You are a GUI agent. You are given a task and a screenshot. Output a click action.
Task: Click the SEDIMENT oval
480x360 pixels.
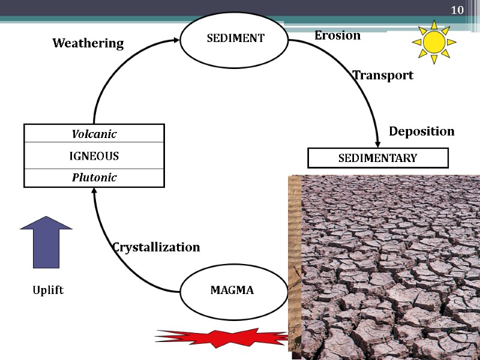click(x=235, y=38)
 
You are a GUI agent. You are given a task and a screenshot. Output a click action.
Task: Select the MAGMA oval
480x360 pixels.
click(x=232, y=290)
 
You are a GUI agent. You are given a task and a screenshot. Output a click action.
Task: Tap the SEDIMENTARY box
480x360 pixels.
click(x=377, y=158)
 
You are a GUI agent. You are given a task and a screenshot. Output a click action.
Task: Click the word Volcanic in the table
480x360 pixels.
click(x=94, y=134)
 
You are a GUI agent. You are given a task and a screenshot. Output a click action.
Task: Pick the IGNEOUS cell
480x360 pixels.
click(x=94, y=156)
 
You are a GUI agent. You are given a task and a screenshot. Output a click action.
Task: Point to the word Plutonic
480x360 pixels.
click(x=94, y=178)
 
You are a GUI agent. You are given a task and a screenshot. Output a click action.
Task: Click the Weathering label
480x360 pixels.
click(x=88, y=43)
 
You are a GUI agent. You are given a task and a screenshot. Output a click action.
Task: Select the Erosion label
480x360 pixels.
click(x=337, y=35)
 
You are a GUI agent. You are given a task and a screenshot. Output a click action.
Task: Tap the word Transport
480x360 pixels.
click(x=383, y=75)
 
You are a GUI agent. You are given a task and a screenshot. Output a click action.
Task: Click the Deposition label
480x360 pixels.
click(x=422, y=131)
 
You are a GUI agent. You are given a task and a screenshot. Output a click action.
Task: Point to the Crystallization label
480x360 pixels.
click(x=156, y=247)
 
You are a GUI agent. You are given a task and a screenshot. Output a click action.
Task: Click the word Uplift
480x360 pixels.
click(x=48, y=290)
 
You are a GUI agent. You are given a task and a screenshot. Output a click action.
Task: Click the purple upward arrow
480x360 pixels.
click(x=46, y=241)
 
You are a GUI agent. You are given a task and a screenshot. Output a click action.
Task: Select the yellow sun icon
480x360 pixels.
click(x=433, y=42)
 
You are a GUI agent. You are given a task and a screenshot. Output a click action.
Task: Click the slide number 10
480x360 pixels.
click(x=457, y=10)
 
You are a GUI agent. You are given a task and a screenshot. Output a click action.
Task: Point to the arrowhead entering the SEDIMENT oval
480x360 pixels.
click(x=176, y=40)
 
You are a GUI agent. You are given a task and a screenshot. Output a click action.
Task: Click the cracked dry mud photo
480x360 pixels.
click(x=387, y=267)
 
